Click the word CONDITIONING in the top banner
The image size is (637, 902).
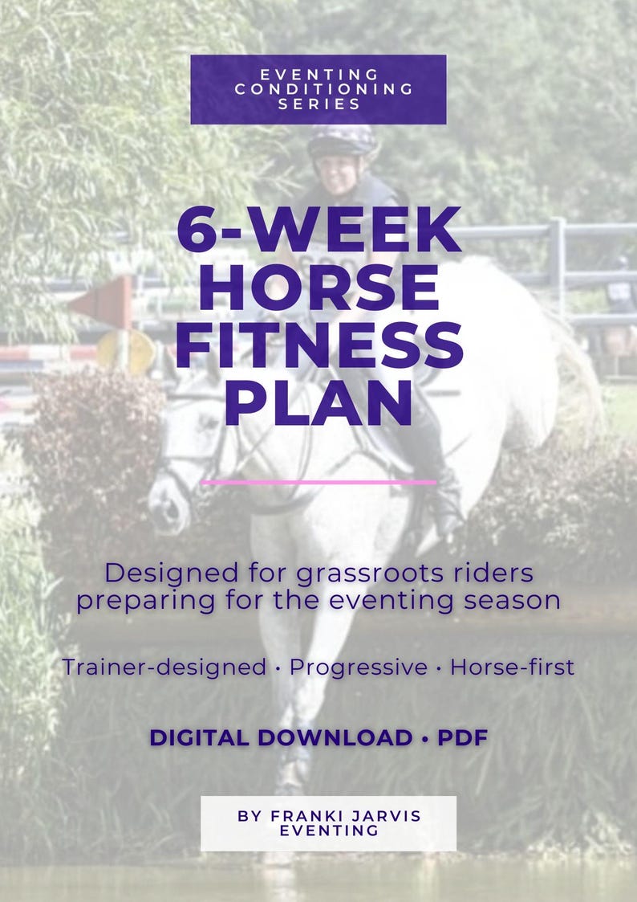tap(324, 88)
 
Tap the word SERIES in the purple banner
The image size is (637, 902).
tap(318, 104)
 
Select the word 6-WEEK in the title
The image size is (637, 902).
tap(318, 231)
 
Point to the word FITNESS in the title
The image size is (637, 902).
tap(318, 346)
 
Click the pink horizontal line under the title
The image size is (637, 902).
tap(318, 483)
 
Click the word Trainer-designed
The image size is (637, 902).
tap(164, 667)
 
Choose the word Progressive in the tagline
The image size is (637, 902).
tap(359, 667)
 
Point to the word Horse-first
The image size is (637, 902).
tap(512, 667)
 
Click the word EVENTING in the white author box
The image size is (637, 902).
tap(329, 831)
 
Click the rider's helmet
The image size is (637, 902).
tap(342, 141)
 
